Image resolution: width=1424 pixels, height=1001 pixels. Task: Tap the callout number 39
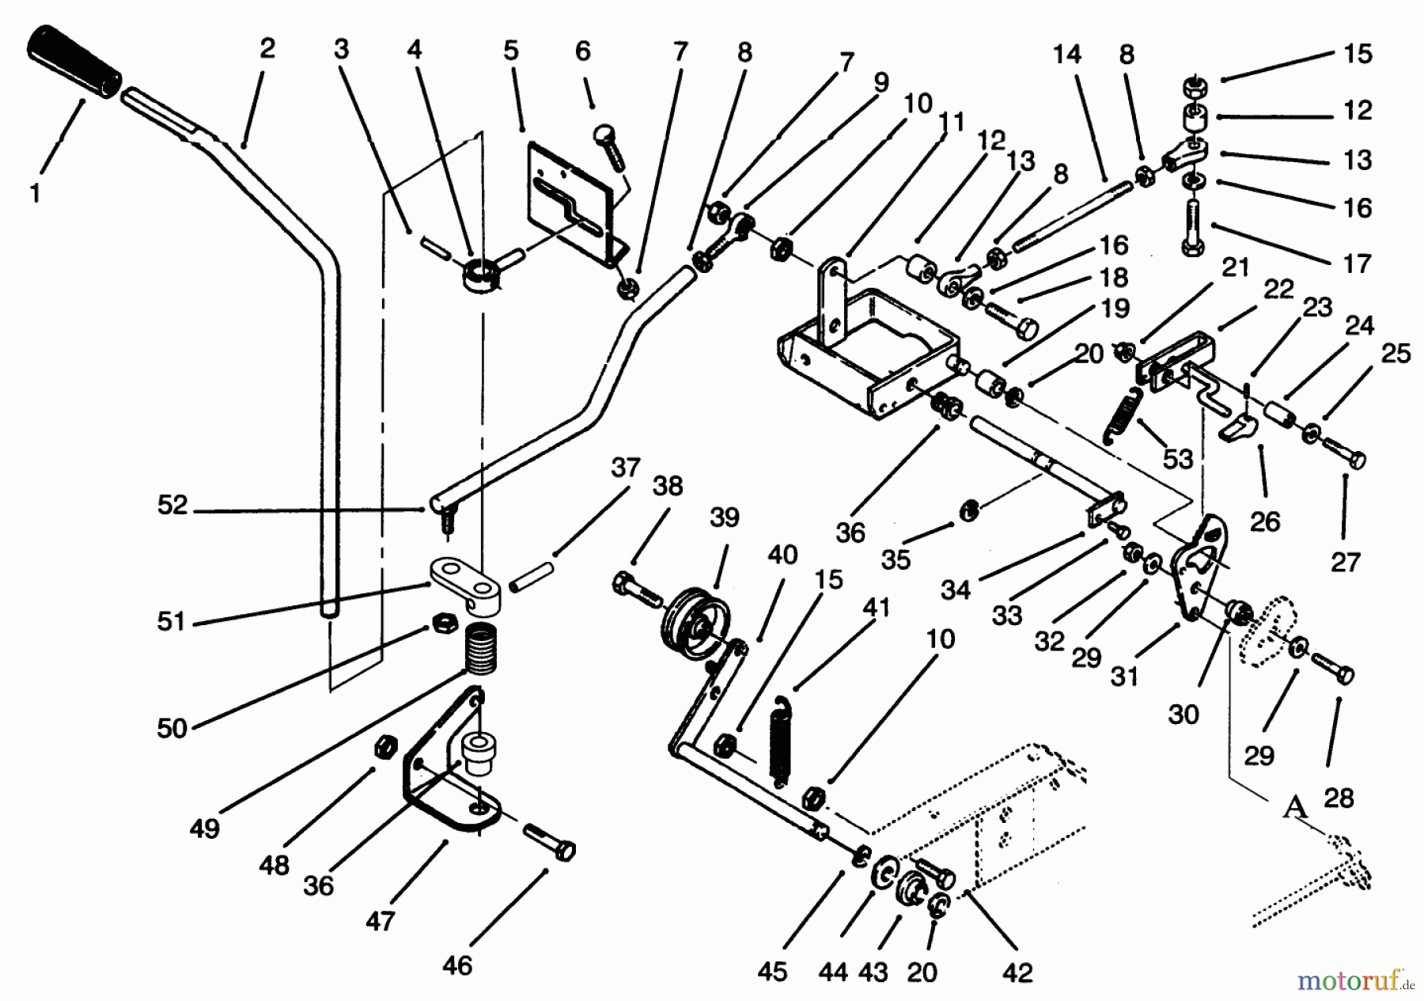point(724,518)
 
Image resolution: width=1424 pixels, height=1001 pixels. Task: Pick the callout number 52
point(172,505)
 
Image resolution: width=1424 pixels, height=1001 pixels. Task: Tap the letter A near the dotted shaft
point(1295,806)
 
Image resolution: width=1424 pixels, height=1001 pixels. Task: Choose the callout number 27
point(1345,563)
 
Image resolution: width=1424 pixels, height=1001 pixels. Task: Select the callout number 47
point(381,922)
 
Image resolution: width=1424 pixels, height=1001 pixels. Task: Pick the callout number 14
point(1066,55)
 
